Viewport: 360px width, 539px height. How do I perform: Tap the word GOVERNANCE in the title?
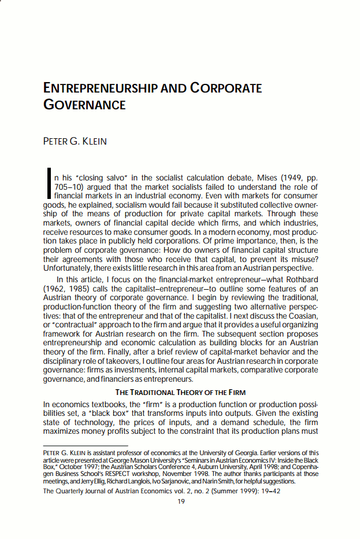coord(84,105)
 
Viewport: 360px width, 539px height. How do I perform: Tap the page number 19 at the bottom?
coord(181,501)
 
